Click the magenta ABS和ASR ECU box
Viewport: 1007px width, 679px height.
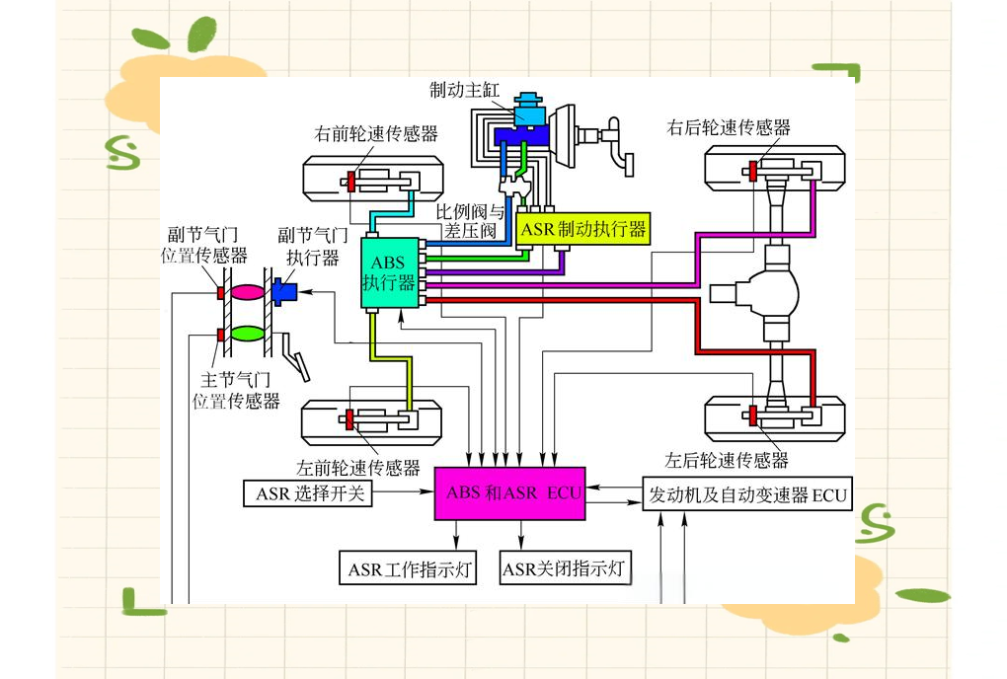[x=508, y=491]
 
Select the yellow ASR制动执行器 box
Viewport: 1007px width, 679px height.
[x=582, y=229]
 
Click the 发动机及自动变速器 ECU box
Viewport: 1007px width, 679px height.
[x=747, y=494]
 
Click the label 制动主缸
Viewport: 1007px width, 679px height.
[x=464, y=91]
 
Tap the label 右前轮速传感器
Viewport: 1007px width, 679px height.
[x=375, y=133]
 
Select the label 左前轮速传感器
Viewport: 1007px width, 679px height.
[x=358, y=467]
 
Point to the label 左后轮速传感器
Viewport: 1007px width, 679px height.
[x=727, y=460]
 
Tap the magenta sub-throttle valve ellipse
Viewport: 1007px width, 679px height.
[x=247, y=292]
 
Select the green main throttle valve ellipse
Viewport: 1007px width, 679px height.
[x=247, y=334]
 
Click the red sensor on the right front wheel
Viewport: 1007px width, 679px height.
[x=349, y=182]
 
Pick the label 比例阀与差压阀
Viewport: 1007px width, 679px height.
[x=471, y=221]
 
